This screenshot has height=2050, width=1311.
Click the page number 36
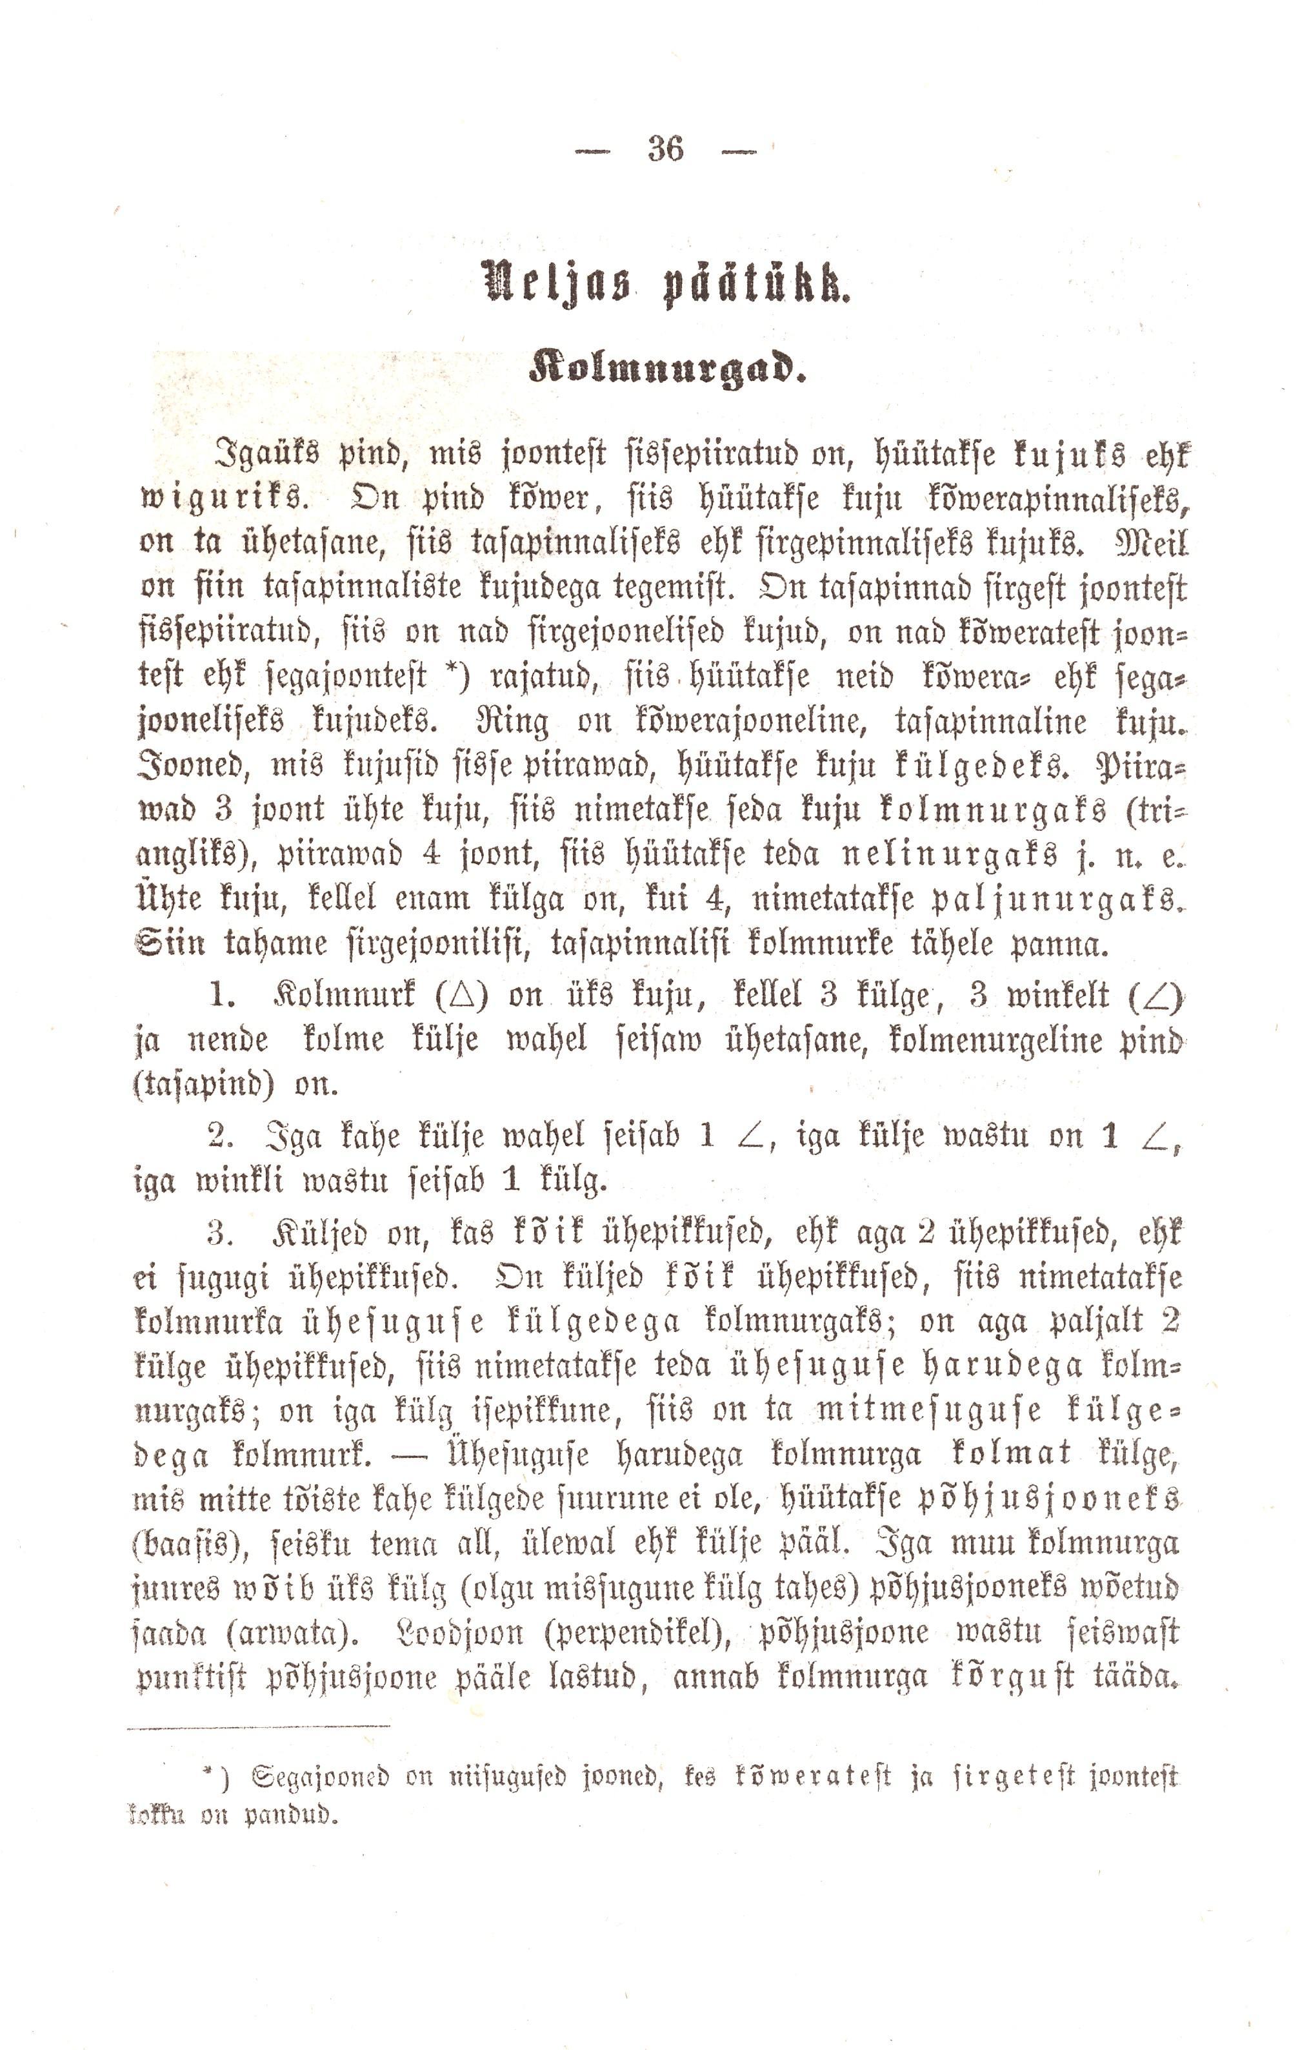[x=665, y=150]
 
